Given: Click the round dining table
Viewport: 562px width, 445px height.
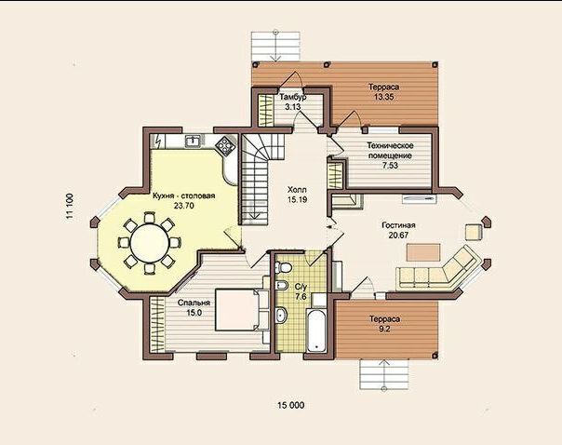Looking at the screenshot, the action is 150,243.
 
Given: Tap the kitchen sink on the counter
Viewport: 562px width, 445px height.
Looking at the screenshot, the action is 193,141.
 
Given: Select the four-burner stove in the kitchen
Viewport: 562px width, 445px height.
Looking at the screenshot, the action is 225,145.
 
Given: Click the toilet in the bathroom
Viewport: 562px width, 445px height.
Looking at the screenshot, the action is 284,267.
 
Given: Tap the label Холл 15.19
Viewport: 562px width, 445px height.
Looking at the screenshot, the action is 297,195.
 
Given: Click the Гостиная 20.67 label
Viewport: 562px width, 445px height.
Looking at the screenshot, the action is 398,230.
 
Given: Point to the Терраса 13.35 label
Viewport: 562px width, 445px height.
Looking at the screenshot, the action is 384,92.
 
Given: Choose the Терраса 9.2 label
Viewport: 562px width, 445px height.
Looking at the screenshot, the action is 384,324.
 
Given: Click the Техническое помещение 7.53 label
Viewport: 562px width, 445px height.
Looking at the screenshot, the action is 390,155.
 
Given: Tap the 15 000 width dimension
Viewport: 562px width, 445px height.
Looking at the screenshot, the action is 290,405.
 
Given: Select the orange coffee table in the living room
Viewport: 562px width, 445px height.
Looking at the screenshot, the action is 423,252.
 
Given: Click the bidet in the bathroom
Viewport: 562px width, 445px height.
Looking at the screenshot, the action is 282,285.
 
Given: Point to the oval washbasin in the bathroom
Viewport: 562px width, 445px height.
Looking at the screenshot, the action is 281,315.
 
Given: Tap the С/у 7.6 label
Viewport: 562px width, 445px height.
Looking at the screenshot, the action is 301,291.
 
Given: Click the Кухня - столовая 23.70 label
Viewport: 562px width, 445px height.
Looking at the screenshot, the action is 183,201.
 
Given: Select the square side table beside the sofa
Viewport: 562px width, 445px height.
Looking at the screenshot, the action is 474,232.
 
